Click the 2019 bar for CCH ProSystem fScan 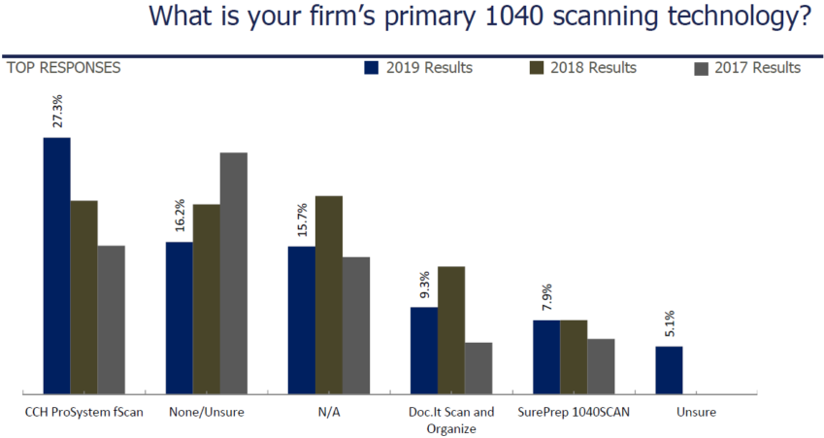(56, 265)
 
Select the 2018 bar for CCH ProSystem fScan (83, 297)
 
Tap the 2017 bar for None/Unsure (234, 273)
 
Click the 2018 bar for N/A (329, 294)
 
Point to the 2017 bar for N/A (356, 325)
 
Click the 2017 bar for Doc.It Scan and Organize (478, 368)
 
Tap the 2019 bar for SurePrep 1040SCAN (546, 356)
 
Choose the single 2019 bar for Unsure (669, 370)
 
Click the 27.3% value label (56, 112)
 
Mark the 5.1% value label (669, 324)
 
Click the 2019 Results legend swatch (371, 68)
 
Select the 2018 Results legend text (593, 68)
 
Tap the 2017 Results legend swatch (702, 68)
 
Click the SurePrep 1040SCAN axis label (574, 412)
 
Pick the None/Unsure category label (206, 412)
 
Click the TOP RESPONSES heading (64, 68)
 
